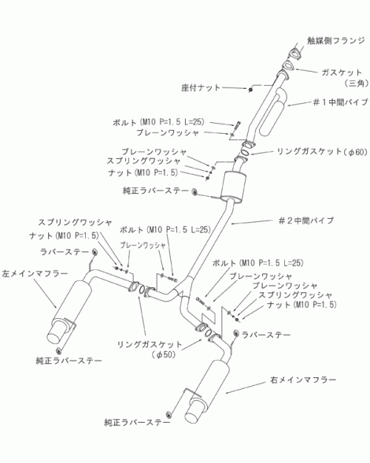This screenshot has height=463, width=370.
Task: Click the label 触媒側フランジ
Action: click(336, 41)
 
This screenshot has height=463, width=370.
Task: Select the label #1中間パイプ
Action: click(340, 102)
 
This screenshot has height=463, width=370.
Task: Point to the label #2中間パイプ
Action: click(306, 220)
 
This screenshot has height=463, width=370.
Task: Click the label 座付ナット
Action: click(201, 87)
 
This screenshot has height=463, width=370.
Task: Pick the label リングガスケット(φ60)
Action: click(322, 152)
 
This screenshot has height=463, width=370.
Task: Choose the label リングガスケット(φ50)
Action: click(150, 350)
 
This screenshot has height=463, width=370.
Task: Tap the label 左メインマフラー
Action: click(35, 274)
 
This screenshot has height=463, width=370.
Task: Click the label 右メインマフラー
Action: click(303, 380)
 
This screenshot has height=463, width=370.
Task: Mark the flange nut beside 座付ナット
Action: click(250, 90)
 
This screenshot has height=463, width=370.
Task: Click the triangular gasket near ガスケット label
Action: click(288, 65)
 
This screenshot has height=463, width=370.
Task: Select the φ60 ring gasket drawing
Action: click(245, 154)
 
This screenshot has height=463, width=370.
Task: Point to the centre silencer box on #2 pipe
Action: click(233, 186)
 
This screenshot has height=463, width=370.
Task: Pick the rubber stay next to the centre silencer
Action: click(194, 191)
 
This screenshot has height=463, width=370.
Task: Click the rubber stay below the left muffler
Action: click(58, 350)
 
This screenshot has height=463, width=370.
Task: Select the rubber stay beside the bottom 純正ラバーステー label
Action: click(168, 414)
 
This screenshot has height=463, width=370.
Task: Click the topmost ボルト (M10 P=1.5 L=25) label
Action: click(158, 122)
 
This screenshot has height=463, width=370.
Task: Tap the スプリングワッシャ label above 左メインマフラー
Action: click(75, 222)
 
